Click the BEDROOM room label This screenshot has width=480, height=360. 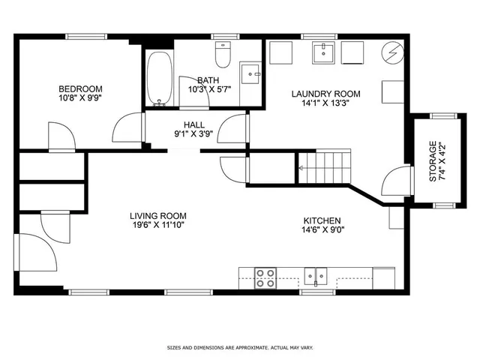point(80,89)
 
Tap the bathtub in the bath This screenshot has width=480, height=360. point(159,79)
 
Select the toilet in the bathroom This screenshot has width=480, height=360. point(223,55)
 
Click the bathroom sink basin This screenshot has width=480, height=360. point(250,73)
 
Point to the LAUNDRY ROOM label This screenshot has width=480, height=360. point(325,94)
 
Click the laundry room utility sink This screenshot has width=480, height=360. point(323,52)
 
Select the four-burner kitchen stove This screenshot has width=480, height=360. point(265,278)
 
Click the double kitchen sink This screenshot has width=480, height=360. point(316,277)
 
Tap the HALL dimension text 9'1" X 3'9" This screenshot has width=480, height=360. point(193,133)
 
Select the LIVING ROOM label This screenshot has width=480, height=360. point(158,216)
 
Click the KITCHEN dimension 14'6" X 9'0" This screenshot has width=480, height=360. point(323,229)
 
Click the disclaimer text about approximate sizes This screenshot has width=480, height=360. point(240,348)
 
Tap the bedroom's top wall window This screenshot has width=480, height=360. point(86,37)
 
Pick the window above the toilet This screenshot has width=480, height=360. point(225,37)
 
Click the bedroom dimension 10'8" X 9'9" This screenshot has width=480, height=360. point(80,98)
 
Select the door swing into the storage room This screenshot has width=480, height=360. point(397,181)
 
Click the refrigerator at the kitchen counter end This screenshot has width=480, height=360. point(383,278)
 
